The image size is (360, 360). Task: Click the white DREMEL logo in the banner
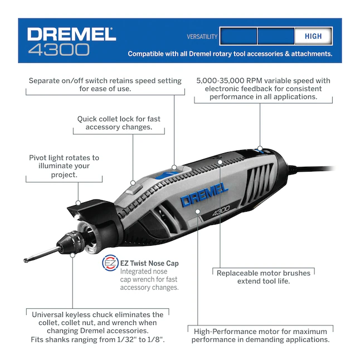71,34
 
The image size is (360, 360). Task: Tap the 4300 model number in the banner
59,50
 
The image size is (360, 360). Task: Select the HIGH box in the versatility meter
313,36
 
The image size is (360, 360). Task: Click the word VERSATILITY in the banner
202,37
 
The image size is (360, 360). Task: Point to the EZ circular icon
110,264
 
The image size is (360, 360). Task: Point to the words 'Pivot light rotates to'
64,158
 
